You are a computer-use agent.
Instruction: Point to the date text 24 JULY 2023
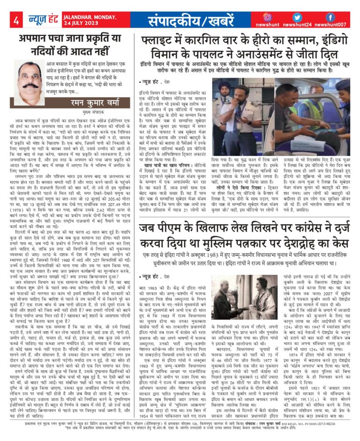click(x=81, y=24)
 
